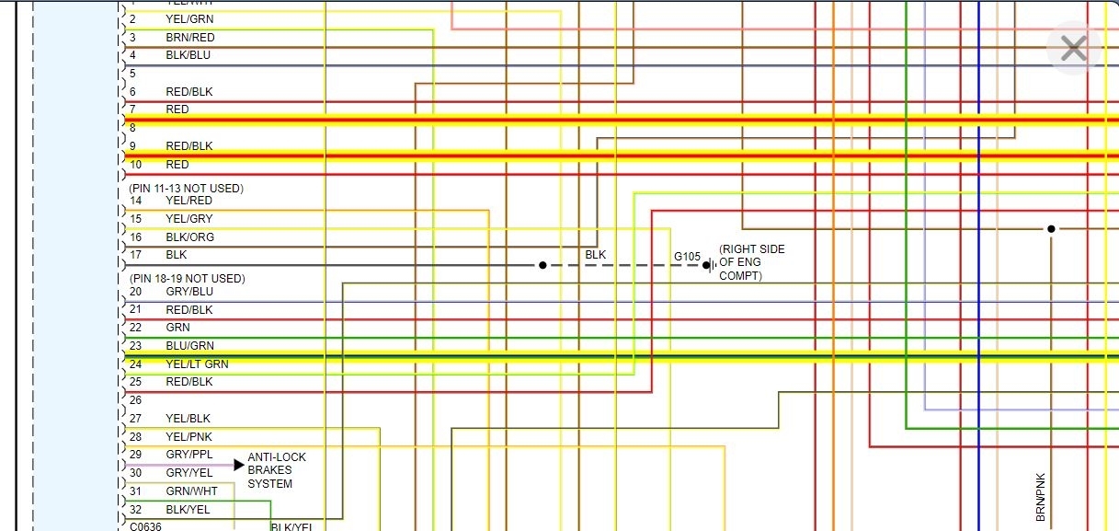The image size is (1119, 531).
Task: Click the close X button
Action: point(1073,48)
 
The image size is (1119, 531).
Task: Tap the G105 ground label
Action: point(687,257)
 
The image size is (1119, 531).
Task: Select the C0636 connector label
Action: point(145,526)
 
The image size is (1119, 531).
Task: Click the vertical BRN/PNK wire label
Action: point(1041,497)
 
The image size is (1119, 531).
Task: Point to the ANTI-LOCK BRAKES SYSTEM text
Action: point(277,470)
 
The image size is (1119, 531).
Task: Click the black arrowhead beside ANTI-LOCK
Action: point(239,465)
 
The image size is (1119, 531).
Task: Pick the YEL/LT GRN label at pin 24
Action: point(197,364)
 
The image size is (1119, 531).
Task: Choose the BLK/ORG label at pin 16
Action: point(189,237)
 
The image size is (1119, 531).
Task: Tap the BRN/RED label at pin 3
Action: point(190,38)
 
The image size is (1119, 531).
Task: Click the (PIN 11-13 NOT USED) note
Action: point(186,189)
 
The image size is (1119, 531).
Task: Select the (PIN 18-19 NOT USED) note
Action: point(187,279)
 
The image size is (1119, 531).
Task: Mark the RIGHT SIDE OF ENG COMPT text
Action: point(751,262)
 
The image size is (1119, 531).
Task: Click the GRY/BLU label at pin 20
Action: point(189,292)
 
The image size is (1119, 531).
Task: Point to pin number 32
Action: point(135,509)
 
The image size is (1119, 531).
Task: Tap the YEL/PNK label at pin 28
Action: point(188,436)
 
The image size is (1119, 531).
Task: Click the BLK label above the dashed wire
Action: point(596,254)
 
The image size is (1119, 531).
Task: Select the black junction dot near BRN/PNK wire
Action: point(1051,228)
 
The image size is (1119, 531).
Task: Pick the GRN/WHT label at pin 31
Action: point(191,491)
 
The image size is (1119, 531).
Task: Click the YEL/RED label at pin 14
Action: point(188,201)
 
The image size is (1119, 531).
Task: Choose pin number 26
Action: point(135,400)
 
